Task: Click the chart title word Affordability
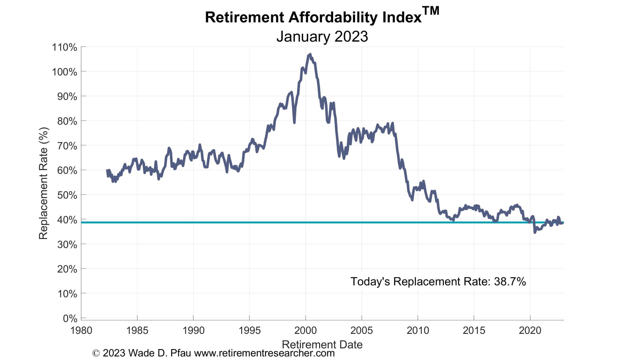point(333,17)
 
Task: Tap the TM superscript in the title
point(431,11)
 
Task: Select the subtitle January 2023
point(322,37)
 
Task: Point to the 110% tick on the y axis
point(64,47)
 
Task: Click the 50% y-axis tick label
point(67,195)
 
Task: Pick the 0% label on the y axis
point(70,318)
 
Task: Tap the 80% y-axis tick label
point(67,121)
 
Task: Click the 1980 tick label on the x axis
point(81,330)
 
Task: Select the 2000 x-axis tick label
point(305,330)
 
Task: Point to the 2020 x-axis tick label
point(530,330)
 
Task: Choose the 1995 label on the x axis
point(249,330)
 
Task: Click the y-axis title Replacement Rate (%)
point(44,183)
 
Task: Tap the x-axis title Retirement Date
point(322,344)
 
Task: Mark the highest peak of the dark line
point(310,54)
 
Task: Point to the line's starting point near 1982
point(107,170)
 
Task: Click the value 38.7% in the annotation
point(510,281)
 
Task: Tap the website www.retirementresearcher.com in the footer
point(264,353)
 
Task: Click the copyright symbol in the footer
point(96,353)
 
